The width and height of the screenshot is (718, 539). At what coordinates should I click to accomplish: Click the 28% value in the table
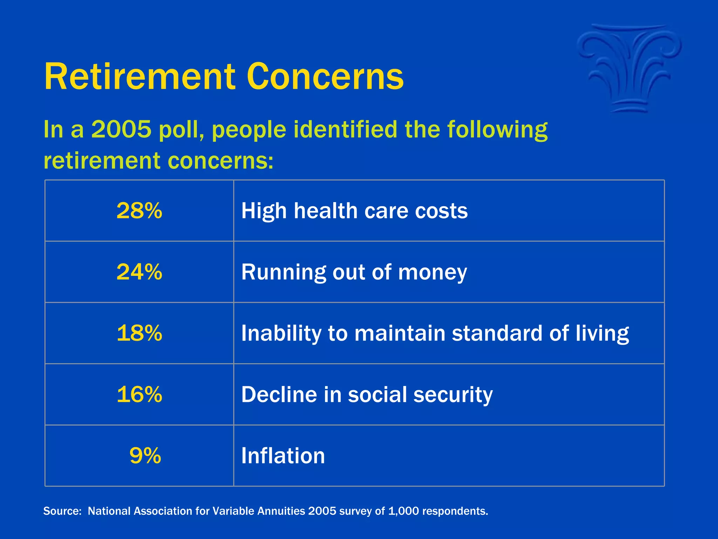coord(139,211)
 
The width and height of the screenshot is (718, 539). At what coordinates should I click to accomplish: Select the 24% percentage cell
coord(139,272)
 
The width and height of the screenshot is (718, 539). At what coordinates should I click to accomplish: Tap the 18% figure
coord(139,333)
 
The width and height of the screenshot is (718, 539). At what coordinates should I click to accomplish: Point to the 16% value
coord(139,394)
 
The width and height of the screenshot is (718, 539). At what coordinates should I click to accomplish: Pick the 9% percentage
coord(145,455)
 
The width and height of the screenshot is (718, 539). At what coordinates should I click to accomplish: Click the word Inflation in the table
coord(283,455)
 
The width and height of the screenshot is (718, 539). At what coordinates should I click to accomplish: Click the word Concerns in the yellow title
coord(325,76)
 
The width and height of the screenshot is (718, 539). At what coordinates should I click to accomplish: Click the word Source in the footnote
coord(62,511)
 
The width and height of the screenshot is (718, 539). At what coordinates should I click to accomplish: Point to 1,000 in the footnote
coord(404,511)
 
